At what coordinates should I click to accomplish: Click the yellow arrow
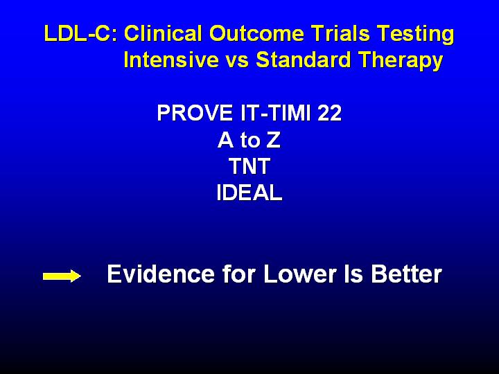(62, 276)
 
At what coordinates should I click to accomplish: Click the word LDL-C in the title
(81, 33)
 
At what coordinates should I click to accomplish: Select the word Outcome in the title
(256, 33)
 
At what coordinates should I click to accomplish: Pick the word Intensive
(171, 60)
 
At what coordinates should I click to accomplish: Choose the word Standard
(303, 60)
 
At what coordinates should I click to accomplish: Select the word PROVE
(195, 113)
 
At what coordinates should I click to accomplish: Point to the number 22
(329, 113)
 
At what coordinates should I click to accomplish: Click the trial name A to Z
(249, 140)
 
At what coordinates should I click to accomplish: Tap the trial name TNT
(249, 166)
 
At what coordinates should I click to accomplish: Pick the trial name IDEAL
(249, 193)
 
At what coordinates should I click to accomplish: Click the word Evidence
(161, 274)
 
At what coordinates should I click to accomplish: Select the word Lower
(300, 274)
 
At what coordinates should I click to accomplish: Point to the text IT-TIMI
(275, 113)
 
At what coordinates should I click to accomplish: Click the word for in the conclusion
(239, 274)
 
